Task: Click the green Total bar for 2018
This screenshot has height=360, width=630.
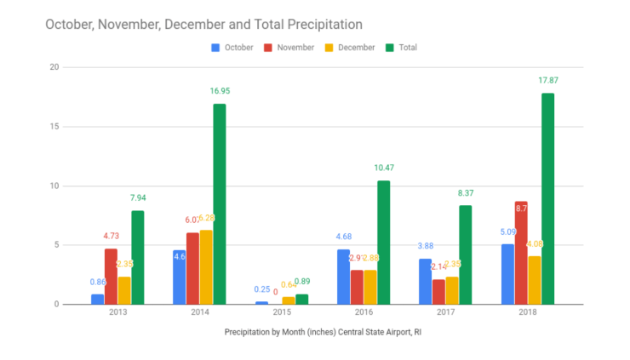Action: (548, 198)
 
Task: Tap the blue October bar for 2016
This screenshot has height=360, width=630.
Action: (343, 276)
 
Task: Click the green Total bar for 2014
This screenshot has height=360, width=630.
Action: (220, 203)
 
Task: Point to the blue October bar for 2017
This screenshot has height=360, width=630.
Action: (425, 281)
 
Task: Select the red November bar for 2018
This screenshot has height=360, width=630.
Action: (521, 252)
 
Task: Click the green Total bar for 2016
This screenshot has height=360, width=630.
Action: (384, 242)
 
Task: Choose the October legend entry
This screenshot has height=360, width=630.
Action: (232, 48)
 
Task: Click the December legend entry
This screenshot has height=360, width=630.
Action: (352, 48)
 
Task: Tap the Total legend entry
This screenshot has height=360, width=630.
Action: (423, 48)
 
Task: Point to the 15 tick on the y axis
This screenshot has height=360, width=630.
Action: (54, 127)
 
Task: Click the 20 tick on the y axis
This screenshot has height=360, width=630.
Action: (54, 67)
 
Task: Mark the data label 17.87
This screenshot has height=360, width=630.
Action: (548, 81)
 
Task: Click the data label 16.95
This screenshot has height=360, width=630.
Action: (220, 91)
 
